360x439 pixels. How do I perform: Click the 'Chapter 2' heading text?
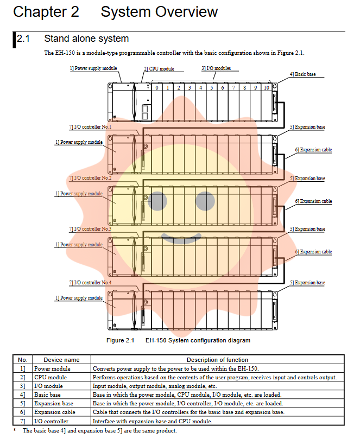[46, 12]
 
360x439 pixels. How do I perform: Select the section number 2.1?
[24, 39]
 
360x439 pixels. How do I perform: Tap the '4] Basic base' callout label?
[302, 74]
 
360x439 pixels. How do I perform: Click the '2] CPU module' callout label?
[159, 69]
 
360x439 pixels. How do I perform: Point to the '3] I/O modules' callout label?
[216, 68]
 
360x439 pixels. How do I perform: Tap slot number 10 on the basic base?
[266, 87]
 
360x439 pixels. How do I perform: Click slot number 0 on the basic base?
[156, 87]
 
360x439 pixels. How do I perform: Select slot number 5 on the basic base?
[211, 87]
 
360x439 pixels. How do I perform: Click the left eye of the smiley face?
[158, 201]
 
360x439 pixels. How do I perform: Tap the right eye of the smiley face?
[205, 201]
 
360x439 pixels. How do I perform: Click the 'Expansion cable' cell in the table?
[55, 412]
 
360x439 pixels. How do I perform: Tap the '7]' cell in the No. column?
[22, 421]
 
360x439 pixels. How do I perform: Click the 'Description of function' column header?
[217, 360]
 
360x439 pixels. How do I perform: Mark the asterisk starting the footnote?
[15, 430]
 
